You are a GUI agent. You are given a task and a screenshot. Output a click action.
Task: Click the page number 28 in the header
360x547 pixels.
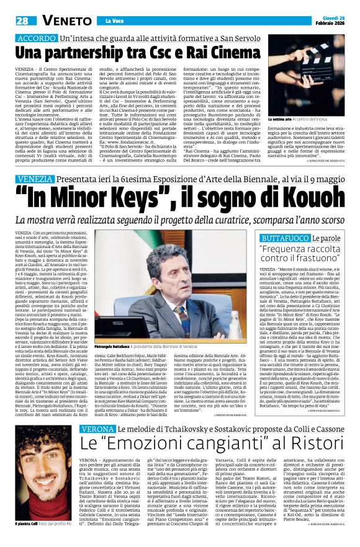pos(22,20)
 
